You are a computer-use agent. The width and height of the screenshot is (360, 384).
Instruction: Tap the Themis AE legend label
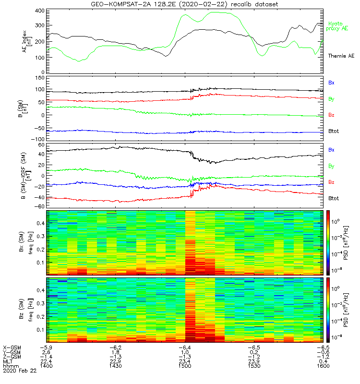tap(341, 56)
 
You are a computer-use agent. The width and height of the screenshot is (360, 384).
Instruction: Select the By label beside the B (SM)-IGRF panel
tap(331, 166)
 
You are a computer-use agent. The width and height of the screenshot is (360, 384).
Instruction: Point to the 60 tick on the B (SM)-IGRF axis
tap(41, 144)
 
